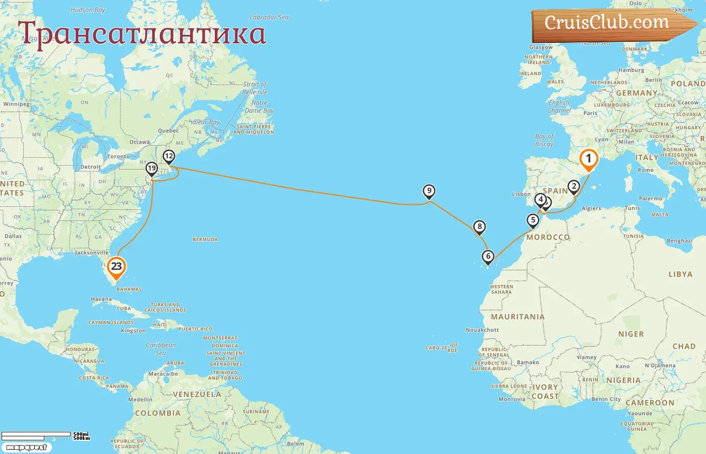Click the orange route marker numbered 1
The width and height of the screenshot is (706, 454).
tap(589, 159)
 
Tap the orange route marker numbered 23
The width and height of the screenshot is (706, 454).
tap(116, 267)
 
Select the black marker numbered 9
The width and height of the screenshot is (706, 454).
tap(429, 191)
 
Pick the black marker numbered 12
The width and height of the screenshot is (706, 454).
tap(169, 156)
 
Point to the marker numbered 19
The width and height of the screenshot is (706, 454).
tap(152, 168)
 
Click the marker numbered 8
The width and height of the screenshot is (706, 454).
tap(480, 226)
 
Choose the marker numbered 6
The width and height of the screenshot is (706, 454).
tap(488, 256)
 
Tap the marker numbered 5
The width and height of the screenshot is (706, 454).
tap(533, 220)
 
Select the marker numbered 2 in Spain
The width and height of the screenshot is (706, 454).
tap(573, 186)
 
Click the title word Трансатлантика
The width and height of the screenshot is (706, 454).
tap(142, 33)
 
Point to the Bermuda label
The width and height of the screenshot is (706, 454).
tap(205, 240)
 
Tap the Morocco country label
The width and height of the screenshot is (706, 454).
tap(548, 237)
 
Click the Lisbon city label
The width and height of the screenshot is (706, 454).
tap(521, 194)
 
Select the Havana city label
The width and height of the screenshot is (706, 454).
tap(101, 299)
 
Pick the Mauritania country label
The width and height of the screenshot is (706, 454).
tap(518, 317)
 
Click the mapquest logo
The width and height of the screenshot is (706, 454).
tap(26, 447)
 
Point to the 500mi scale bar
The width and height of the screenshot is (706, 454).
tap(36, 434)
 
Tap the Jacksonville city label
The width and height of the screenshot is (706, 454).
tap(92, 253)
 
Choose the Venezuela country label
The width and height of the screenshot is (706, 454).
tap(197, 394)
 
